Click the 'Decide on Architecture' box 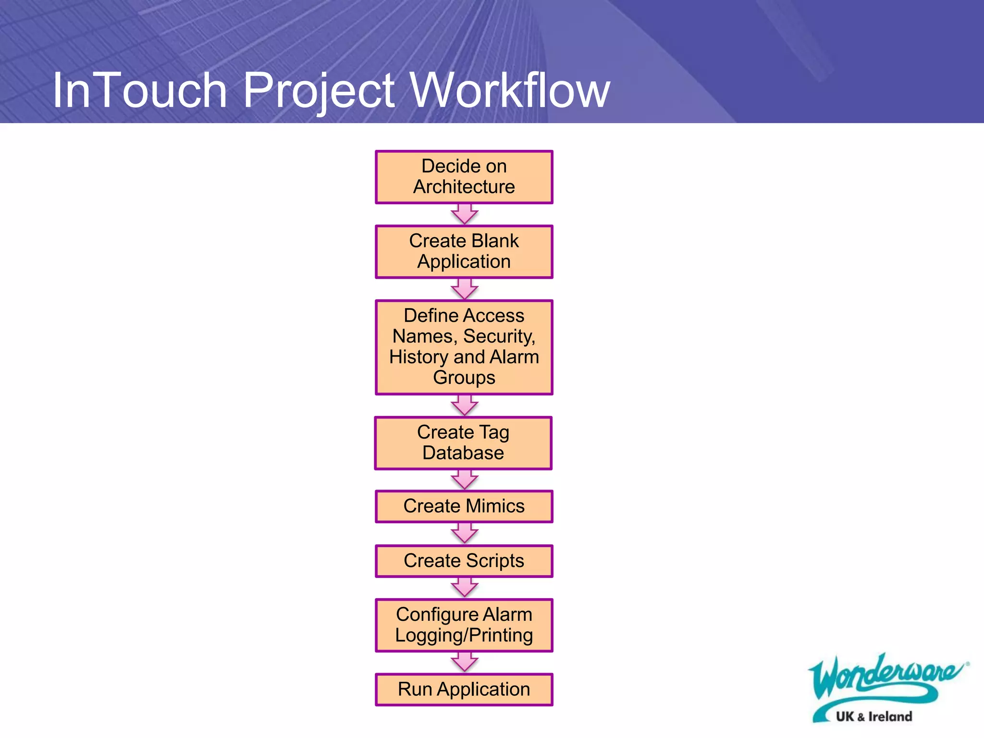[464, 177]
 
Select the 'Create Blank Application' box [464, 251]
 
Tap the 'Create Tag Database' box [463, 443]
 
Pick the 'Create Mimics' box [464, 506]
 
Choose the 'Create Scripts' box [464, 561]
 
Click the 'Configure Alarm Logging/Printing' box [464, 625]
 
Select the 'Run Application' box [464, 689]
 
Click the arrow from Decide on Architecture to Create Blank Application [464, 214]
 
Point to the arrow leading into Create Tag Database [464, 405]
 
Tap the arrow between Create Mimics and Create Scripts [464, 533]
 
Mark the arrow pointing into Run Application [464, 662]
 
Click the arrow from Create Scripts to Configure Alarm [464, 587]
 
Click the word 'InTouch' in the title [139, 90]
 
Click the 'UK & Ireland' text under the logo [873, 717]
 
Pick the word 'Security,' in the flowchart [499, 336]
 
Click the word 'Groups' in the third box [464, 378]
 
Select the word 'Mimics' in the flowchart [495, 506]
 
